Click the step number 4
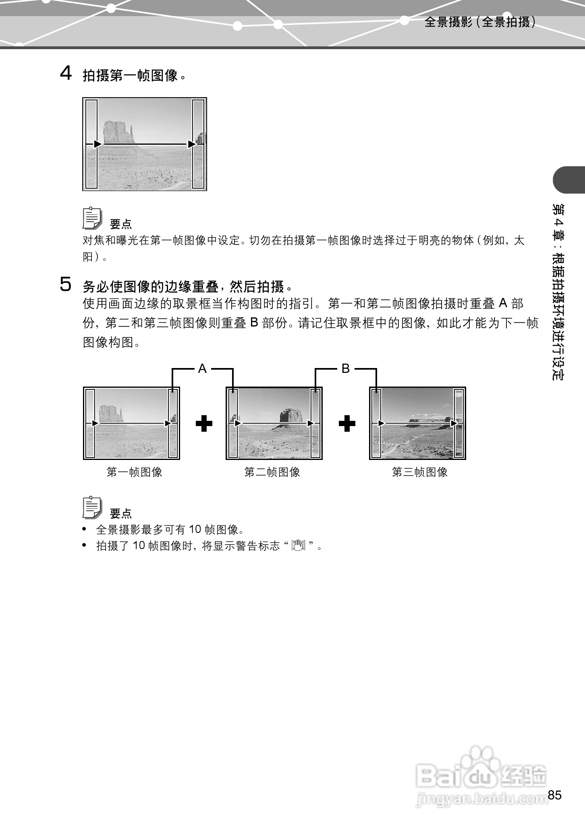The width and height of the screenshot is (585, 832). click(66, 74)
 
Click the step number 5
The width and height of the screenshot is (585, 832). click(66, 285)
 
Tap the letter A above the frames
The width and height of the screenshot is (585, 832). click(202, 368)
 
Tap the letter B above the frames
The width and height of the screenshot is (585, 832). click(346, 368)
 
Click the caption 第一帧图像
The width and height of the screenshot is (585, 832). click(134, 472)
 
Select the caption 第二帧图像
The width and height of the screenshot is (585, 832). click(272, 472)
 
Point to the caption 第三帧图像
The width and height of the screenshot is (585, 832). click(419, 472)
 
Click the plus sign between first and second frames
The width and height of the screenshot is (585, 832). click(204, 424)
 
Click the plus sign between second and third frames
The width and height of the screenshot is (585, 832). click(347, 424)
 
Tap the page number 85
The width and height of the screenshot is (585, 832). click(554, 795)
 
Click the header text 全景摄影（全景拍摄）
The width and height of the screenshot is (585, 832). click(480, 22)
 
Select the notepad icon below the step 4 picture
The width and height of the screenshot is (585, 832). click(92, 218)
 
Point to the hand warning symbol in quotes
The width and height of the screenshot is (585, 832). click(299, 545)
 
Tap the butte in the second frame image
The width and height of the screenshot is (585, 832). click(291, 415)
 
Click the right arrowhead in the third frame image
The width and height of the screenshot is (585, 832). click(454, 423)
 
